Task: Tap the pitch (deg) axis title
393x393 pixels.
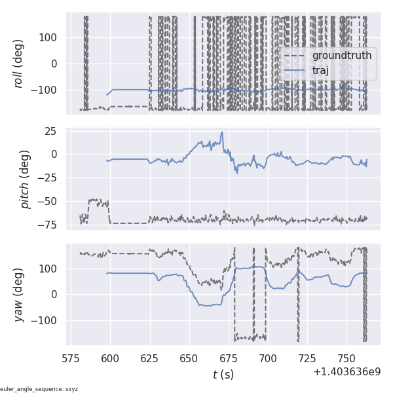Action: click(x=25, y=179)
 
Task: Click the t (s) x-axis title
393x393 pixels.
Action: click(x=223, y=375)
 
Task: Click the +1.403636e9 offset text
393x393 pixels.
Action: click(x=346, y=371)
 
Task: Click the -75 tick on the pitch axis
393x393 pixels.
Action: click(x=47, y=225)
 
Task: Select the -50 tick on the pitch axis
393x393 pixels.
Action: click(x=47, y=202)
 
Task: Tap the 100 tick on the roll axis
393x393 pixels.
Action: click(x=49, y=37)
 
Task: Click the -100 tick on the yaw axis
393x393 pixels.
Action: click(x=46, y=321)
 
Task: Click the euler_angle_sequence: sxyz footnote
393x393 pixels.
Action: click(x=39, y=389)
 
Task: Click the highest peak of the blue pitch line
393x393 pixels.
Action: click(x=222, y=132)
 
